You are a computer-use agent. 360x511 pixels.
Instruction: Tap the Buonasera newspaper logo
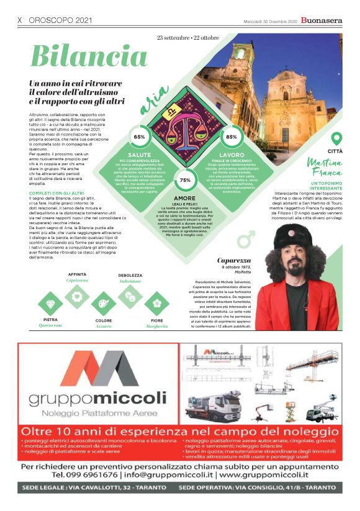[x=321, y=20]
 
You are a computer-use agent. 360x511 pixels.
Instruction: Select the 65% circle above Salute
[x=139, y=137]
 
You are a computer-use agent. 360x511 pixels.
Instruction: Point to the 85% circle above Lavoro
[x=232, y=137]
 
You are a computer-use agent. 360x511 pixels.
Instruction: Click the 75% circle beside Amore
[x=184, y=179]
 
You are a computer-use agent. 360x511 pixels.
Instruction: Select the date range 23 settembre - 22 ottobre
[x=188, y=38]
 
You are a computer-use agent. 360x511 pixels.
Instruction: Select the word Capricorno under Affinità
[x=78, y=281]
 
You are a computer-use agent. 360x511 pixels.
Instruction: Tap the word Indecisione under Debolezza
[x=130, y=281]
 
